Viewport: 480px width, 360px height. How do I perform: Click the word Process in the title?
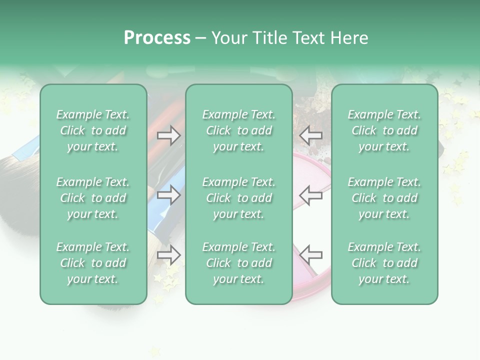point(157,38)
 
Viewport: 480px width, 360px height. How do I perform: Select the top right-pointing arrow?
point(169,135)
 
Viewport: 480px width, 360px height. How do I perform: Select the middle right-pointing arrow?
point(169,194)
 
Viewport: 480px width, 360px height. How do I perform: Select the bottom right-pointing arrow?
point(169,255)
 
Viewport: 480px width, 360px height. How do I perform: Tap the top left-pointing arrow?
point(310,135)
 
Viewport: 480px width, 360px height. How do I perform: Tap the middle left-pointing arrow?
point(310,194)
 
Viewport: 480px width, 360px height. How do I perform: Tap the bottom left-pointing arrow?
point(310,255)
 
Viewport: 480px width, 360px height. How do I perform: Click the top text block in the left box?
point(93,130)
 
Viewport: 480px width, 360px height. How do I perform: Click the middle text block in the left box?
point(93,198)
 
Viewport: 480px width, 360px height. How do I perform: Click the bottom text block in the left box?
point(93,263)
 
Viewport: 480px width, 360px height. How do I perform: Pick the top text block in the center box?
point(238,130)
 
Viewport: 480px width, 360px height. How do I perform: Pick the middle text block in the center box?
point(238,198)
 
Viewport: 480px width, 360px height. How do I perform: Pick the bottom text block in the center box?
point(238,263)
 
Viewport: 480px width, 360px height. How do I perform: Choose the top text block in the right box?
point(384,130)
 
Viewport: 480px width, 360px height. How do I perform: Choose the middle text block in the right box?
point(384,198)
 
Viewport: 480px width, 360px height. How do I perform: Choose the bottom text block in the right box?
point(384,263)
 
